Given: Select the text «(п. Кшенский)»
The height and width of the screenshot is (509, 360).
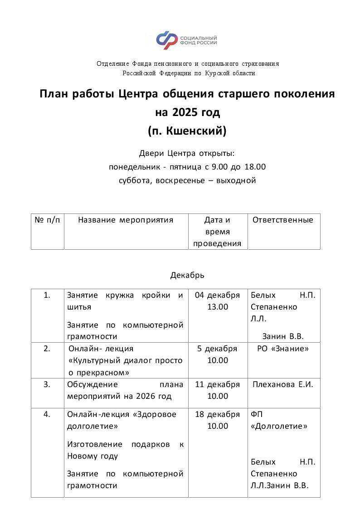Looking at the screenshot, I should point(187,131).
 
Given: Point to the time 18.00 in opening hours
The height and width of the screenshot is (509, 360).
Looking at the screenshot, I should point(255,167).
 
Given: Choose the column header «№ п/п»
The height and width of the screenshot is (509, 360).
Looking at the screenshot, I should point(47,220).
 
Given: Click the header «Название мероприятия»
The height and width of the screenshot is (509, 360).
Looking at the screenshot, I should point(126,220).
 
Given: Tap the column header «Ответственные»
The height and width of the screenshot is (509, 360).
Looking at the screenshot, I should point(283,220).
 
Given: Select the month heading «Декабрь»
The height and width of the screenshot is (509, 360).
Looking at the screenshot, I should point(187,275).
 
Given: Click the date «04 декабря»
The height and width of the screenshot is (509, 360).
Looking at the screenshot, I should point(217,296).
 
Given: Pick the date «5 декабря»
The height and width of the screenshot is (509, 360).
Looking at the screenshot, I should point(217,349).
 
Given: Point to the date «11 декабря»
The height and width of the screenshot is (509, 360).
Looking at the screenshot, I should point(217,385).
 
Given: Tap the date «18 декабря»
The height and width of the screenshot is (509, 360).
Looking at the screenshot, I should point(217,415).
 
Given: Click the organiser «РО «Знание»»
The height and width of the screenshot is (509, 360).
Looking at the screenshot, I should point(283,349).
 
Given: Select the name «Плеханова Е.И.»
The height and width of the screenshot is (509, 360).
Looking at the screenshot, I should point(283,385).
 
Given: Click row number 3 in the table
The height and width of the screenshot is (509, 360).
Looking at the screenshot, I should point(47,385).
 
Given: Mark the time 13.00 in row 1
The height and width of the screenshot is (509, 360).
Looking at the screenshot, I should point(218,307).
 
